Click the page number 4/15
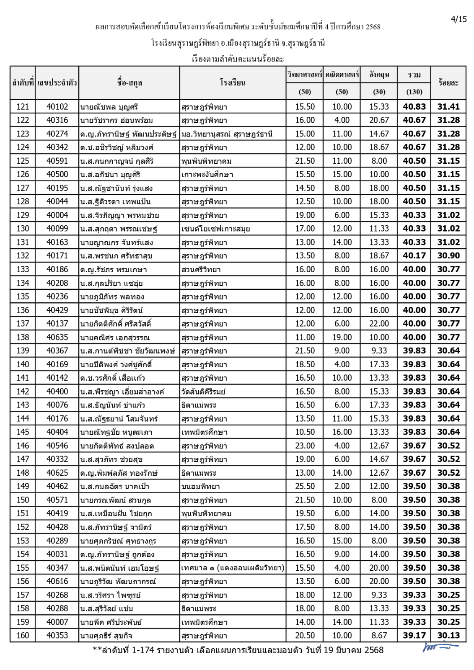[x=458, y=19]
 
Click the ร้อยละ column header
[x=448, y=82]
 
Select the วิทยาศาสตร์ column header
[x=305, y=75]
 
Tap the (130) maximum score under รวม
[x=414, y=92]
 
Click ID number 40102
[x=57, y=107]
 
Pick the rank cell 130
[x=23, y=229]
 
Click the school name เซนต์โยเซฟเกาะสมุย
[x=215, y=229]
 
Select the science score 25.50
[x=305, y=486]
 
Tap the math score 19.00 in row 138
[x=342, y=337]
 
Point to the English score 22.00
[x=379, y=324]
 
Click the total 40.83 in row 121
[x=414, y=107]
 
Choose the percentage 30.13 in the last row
[x=448, y=635]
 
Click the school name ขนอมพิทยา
[x=200, y=487]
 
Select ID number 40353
[x=57, y=635]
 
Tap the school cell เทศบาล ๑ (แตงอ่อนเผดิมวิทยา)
[x=233, y=568]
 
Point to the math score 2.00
[x=342, y=486]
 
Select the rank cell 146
[x=23, y=446]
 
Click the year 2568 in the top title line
[x=373, y=27]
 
